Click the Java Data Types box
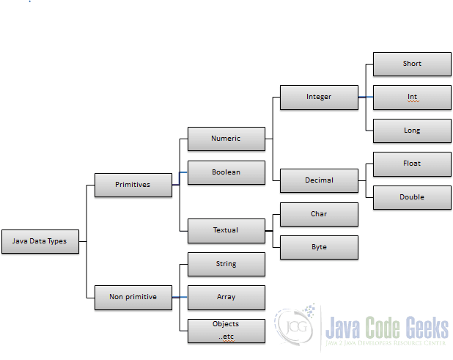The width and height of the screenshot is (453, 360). (x=40, y=241)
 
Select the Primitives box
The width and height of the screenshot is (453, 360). (x=133, y=185)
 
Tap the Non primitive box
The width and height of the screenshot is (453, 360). (x=133, y=297)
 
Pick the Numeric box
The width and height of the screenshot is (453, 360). (x=226, y=138)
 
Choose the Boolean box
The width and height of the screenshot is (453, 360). (x=226, y=172)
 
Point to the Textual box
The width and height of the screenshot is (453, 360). (x=226, y=230)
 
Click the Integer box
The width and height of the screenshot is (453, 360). (x=319, y=97)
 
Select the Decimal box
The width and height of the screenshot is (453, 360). (x=319, y=180)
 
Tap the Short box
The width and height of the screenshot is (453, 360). (x=412, y=64)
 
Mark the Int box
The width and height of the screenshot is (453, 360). (x=412, y=97)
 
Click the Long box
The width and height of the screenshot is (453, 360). (x=412, y=131)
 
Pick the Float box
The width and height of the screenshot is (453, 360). (x=412, y=164)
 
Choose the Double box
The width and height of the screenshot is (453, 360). (x=412, y=197)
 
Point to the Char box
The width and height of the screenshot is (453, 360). (x=319, y=214)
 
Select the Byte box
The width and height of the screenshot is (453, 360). (x=319, y=247)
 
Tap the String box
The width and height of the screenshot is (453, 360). (x=226, y=264)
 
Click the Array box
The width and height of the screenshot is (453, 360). (x=226, y=297)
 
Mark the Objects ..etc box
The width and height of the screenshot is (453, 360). (x=226, y=331)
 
